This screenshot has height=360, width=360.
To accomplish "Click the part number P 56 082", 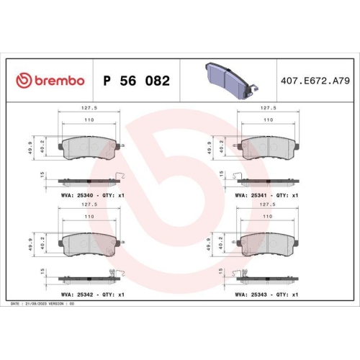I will click(137, 81).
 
